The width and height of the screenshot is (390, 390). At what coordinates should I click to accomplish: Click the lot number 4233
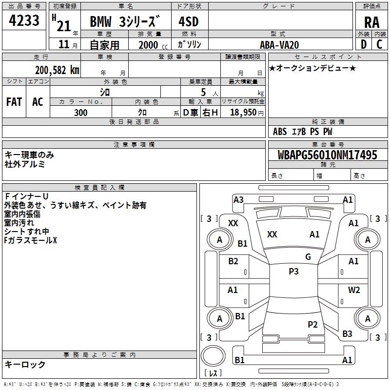click(24, 21)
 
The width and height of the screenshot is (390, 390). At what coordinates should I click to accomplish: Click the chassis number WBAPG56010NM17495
click(328, 155)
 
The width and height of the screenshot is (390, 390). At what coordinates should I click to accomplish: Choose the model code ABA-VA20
click(279, 45)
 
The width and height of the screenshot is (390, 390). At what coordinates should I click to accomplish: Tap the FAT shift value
click(14, 102)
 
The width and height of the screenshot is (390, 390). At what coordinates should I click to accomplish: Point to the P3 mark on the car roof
click(293, 272)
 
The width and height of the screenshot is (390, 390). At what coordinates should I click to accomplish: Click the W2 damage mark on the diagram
click(354, 290)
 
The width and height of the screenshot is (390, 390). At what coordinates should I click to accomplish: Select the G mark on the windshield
click(308, 257)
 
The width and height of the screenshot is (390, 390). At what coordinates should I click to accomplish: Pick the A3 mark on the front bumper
click(238, 200)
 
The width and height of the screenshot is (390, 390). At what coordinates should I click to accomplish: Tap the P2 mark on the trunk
click(312, 324)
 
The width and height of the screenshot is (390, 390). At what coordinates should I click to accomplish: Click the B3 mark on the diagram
click(347, 334)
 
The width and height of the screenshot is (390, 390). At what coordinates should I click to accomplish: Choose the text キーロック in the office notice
click(25, 365)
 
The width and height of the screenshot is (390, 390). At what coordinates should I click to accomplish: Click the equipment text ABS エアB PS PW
click(303, 131)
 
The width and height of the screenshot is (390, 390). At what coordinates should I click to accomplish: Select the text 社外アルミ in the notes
click(25, 164)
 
